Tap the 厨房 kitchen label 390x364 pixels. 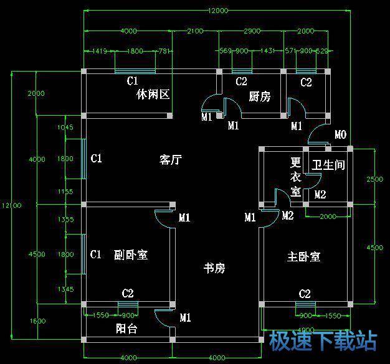(259, 96)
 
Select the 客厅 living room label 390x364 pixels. (170, 160)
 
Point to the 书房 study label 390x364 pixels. (214, 268)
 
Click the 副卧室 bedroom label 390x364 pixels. (131, 255)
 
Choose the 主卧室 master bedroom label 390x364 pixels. (304, 256)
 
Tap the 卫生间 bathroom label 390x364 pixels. (328, 165)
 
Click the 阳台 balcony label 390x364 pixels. (127, 329)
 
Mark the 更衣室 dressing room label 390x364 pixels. (296, 178)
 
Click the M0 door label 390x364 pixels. (340, 134)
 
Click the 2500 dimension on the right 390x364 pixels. (375, 180)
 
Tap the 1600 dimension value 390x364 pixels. (37, 320)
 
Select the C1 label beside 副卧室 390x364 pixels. (96, 254)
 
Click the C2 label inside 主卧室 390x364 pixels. (305, 294)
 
